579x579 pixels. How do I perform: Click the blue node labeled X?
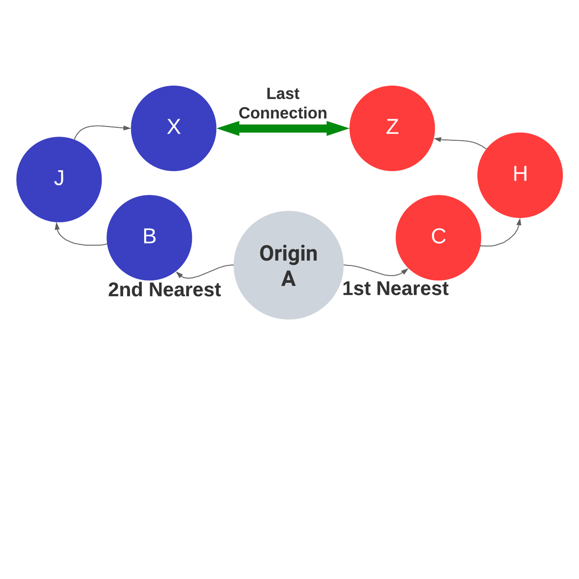pyautogui.click(x=173, y=128)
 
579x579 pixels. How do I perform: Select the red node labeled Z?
pyautogui.click(x=392, y=128)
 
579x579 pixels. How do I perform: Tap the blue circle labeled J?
pyautogui.click(x=59, y=179)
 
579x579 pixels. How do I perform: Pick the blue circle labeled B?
pyautogui.click(x=149, y=237)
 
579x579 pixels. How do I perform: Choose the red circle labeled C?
pyautogui.click(x=438, y=237)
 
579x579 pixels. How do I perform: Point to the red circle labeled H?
pyautogui.click(x=520, y=175)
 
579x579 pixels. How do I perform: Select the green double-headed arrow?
pyautogui.click(x=283, y=128)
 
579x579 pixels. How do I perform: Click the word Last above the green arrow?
pyautogui.click(x=283, y=94)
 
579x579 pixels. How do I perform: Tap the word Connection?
pyautogui.click(x=283, y=113)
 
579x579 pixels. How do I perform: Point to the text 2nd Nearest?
pyautogui.click(x=164, y=289)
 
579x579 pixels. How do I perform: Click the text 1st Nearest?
pyautogui.click(x=395, y=289)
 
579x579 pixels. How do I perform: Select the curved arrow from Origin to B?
pyautogui.click(x=206, y=272)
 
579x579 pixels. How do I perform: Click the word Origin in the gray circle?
pyautogui.click(x=288, y=253)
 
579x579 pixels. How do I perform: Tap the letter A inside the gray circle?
pyautogui.click(x=288, y=279)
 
